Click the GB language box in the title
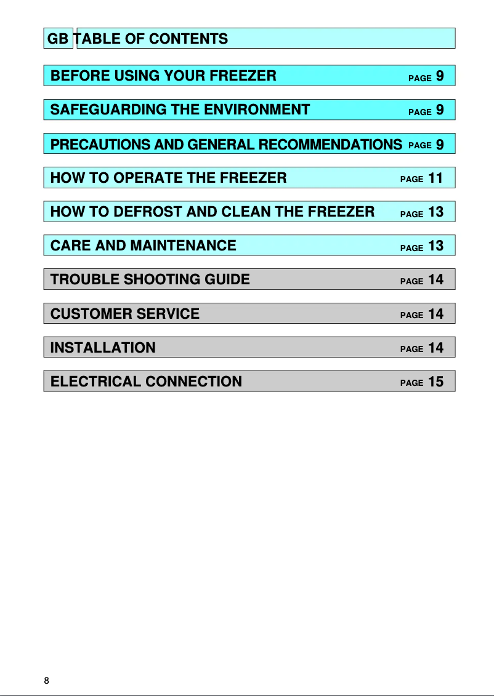pyautogui.click(x=59, y=39)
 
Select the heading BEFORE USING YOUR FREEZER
pyautogui.click(x=163, y=76)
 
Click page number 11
pyautogui.click(x=435, y=178)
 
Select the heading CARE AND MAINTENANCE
pyautogui.click(x=143, y=246)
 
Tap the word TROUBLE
pyautogui.click(x=85, y=279)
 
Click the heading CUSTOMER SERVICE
pyautogui.click(x=125, y=313)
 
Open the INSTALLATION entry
pyautogui.click(x=103, y=348)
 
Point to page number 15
pyautogui.click(x=435, y=382)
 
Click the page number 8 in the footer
pyautogui.click(x=46, y=681)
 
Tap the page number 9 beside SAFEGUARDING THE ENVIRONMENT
pyautogui.click(x=440, y=110)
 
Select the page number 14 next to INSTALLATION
pyautogui.click(x=435, y=348)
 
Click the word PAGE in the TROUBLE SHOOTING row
pyautogui.click(x=411, y=281)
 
